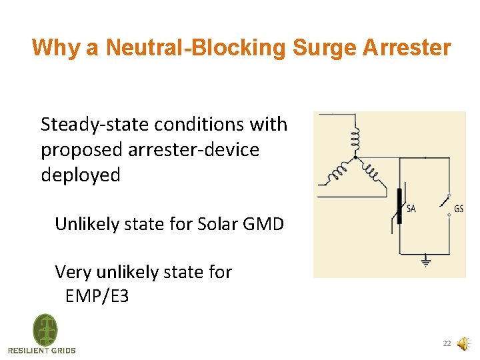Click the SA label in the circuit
[x=411, y=209]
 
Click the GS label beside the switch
[x=458, y=209]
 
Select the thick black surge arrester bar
[x=399, y=206]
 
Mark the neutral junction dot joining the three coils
[x=355, y=157]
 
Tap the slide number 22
[x=447, y=344]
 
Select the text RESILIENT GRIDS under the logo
[x=42, y=350]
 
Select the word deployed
[x=81, y=175]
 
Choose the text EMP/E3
[x=97, y=296]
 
